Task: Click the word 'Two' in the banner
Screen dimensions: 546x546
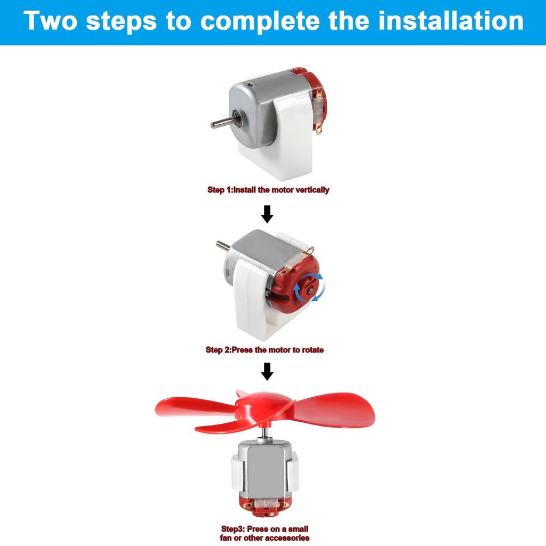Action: (50, 21)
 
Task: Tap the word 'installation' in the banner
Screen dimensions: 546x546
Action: (451, 21)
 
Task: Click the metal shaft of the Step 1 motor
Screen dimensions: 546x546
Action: (223, 122)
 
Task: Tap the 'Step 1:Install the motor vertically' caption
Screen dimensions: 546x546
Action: (268, 190)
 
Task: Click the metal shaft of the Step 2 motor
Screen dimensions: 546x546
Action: (223, 245)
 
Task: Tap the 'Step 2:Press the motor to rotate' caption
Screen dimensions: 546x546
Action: (264, 350)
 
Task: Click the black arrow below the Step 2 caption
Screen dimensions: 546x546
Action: (267, 371)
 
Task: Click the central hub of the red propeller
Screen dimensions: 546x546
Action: (264, 406)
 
